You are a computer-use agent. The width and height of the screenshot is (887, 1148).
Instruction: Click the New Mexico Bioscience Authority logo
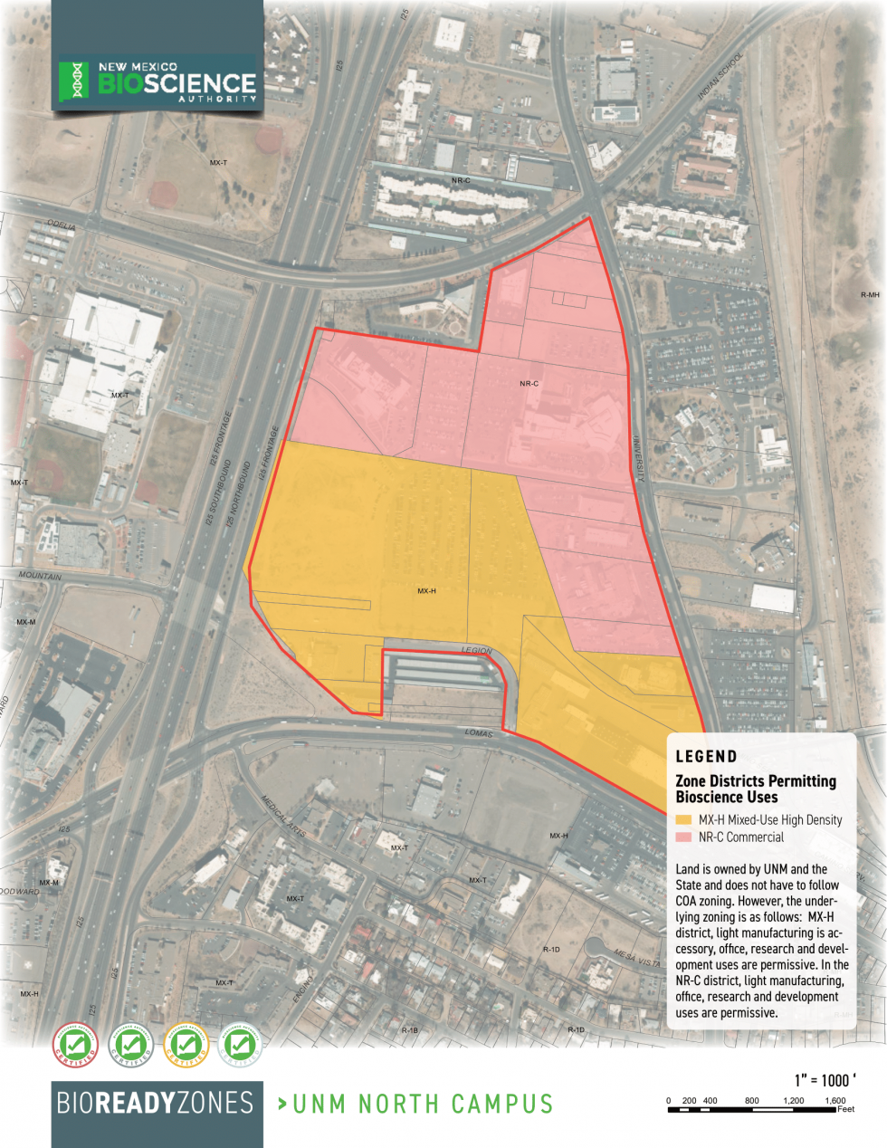pyautogui.click(x=157, y=82)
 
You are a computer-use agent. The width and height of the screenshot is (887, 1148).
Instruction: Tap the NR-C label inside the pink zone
pyautogui.click(x=529, y=384)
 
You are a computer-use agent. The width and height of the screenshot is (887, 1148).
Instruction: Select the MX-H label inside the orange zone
pyautogui.click(x=426, y=591)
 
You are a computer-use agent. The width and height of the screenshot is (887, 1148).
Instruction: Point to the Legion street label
pyautogui.click(x=476, y=650)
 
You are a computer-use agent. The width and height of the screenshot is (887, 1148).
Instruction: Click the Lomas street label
pyautogui.click(x=479, y=732)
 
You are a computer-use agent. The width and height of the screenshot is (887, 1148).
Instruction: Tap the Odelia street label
pyautogui.click(x=62, y=225)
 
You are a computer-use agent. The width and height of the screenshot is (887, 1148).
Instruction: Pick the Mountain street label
pyautogui.click(x=41, y=576)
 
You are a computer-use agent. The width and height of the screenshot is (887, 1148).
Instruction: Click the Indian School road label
pyautogui.click(x=720, y=75)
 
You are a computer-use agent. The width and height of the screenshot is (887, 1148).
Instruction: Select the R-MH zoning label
pyautogui.click(x=869, y=295)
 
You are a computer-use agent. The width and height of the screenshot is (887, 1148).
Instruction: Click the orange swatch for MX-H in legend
pyautogui.click(x=683, y=820)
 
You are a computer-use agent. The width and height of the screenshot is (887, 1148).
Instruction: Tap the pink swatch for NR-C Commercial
pyautogui.click(x=683, y=837)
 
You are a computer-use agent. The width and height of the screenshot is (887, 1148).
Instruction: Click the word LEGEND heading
pyautogui.click(x=706, y=757)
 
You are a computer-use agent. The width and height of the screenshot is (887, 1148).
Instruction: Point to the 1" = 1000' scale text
pyautogui.click(x=825, y=1080)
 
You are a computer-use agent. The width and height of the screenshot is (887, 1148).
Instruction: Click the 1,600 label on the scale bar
pyautogui.click(x=835, y=1101)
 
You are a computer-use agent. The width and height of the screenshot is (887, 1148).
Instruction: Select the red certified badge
pyautogui.click(x=75, y=1046)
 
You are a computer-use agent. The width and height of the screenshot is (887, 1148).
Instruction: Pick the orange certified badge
pyautogui.click(x=186, y=1046)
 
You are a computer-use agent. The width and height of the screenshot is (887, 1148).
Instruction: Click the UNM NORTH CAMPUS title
pyautogui.click(x=415, y=1104)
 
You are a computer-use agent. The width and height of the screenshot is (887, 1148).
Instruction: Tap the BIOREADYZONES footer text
pyautogui.click(x=155, y=1103)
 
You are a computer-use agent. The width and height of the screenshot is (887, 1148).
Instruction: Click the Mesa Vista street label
pyautogui.click(x=637, y=956)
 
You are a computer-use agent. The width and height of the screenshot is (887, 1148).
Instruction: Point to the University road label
pyautogui.click(x=638, y=458)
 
